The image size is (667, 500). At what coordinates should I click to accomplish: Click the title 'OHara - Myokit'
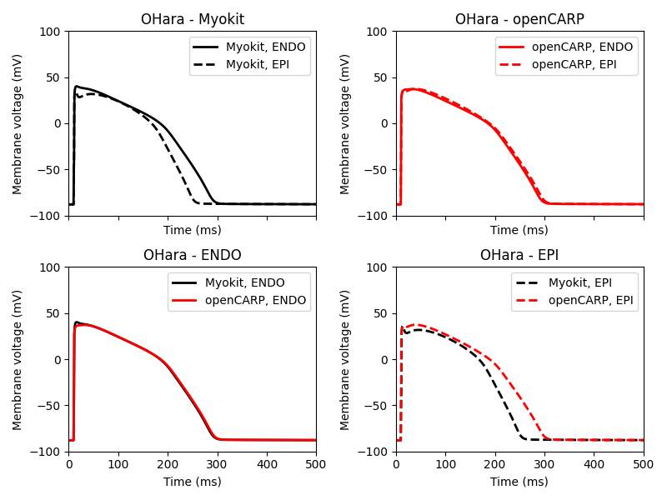coord(193,19)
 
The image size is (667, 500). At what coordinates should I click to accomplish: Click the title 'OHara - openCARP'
coord(519,19)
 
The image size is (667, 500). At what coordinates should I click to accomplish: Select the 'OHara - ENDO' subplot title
coord(193,255)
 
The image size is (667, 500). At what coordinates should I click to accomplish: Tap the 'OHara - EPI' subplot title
coord(519,255)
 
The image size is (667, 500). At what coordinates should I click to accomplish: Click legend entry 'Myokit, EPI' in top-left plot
coord(258,64)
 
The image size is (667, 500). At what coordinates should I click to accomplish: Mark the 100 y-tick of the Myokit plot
coord(52,32)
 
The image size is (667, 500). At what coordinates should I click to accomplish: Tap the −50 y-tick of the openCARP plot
coord(376,169)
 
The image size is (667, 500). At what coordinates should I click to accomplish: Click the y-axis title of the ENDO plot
coord(18,359)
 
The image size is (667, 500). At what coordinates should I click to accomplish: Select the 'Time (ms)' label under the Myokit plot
coord(193,230)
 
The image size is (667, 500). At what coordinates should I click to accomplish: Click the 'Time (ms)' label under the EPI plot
coord(519,481)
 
